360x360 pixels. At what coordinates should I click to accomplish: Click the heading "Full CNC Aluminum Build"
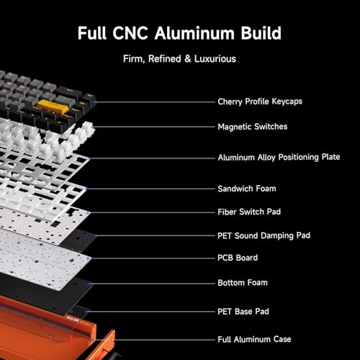[179, 33]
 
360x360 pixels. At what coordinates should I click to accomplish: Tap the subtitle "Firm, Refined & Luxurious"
[179, 59]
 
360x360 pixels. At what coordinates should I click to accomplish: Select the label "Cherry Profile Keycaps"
[260, 102]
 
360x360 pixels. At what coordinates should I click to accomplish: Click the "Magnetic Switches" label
[253, 127]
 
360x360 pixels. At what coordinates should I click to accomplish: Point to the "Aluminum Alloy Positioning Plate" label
[279, 157]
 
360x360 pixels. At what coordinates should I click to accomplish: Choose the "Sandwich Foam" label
[247, 189]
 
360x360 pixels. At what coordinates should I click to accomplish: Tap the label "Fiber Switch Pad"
[249, 212]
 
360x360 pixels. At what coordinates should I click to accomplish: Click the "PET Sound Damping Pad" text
[264, 235]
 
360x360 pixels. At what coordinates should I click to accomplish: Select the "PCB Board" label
[238, 258]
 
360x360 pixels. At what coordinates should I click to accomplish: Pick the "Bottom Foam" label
[243, 283]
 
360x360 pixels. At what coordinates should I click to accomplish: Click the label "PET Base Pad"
[243, 312]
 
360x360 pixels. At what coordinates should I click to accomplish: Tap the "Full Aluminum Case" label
[254, 339]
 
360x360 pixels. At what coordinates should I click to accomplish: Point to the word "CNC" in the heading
[130, 33]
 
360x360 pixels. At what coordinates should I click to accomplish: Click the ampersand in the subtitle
[188, 59]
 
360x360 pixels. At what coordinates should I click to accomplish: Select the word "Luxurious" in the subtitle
[215, 59]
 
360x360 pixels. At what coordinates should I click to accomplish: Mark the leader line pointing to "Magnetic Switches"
[153, 127]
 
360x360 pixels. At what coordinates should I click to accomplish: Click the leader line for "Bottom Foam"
[152, 284]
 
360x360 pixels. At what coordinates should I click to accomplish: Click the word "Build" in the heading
[261, 33]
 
